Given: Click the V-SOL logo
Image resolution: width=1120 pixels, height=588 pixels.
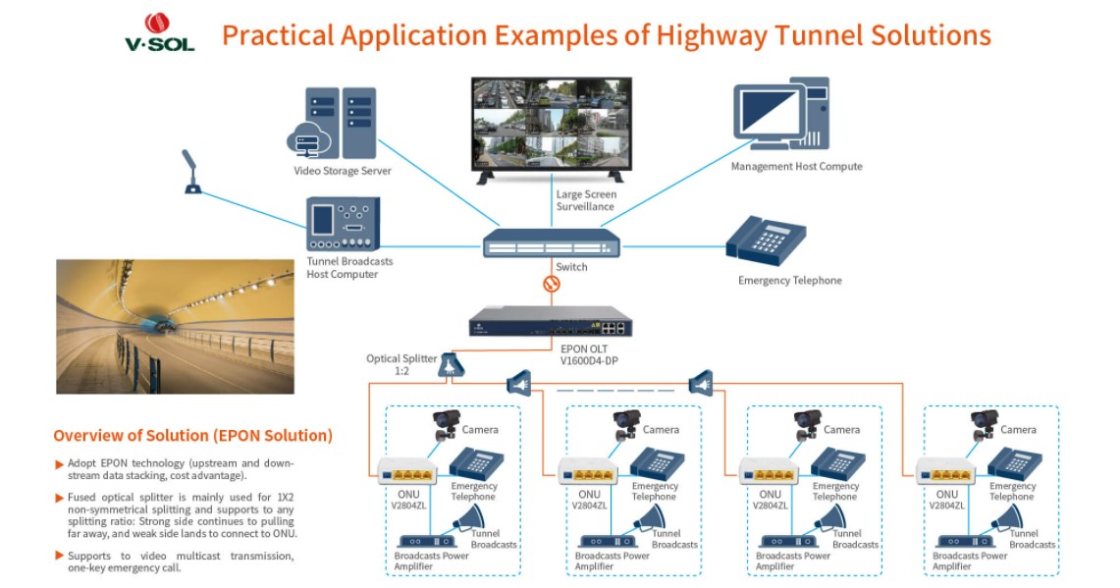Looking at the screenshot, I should tap(159, 31).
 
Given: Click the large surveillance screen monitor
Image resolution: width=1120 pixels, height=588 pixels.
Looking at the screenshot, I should tap(551, 124).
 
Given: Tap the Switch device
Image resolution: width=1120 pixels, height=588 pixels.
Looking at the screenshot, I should tap(551, 241).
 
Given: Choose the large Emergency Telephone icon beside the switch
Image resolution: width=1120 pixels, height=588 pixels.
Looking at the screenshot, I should tap(766, 241).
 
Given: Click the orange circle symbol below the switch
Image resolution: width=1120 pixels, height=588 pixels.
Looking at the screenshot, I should tap(552, 285).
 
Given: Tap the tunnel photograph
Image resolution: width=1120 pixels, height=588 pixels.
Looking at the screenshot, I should tap(175, 327).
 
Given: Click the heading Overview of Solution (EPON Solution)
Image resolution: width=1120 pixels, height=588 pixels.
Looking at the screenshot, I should tap(192, 435).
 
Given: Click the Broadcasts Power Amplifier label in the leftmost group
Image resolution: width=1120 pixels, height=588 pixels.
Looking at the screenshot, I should tap(432, 561).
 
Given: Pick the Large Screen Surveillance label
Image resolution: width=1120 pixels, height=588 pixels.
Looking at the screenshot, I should tap(586, 200).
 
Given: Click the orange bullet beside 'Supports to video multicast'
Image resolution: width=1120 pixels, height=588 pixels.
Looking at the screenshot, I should tap(59, 557).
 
